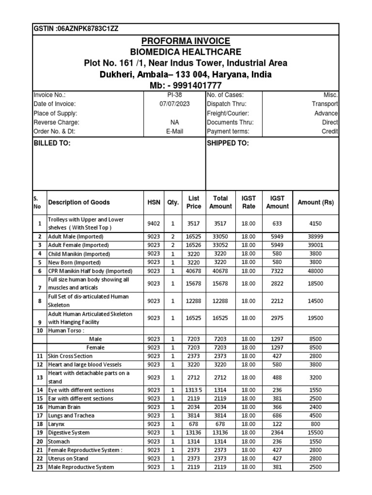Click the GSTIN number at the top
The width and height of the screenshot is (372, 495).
(76, 29)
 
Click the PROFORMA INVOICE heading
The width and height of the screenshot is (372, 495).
(186, 41)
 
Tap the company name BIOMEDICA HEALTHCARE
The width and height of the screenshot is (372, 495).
(186, 52)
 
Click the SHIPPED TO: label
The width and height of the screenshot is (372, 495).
(228, 144)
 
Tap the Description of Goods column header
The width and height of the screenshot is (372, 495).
(78, 203)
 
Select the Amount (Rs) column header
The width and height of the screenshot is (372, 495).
(316, 203)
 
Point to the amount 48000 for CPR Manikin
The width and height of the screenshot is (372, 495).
(316, 271)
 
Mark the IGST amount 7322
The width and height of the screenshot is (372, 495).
(277, 271)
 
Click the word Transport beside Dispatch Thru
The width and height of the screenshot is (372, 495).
(325, 104)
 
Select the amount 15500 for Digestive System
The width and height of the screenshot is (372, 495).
(316, 433)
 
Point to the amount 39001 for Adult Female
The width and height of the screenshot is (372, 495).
(316, 246)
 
